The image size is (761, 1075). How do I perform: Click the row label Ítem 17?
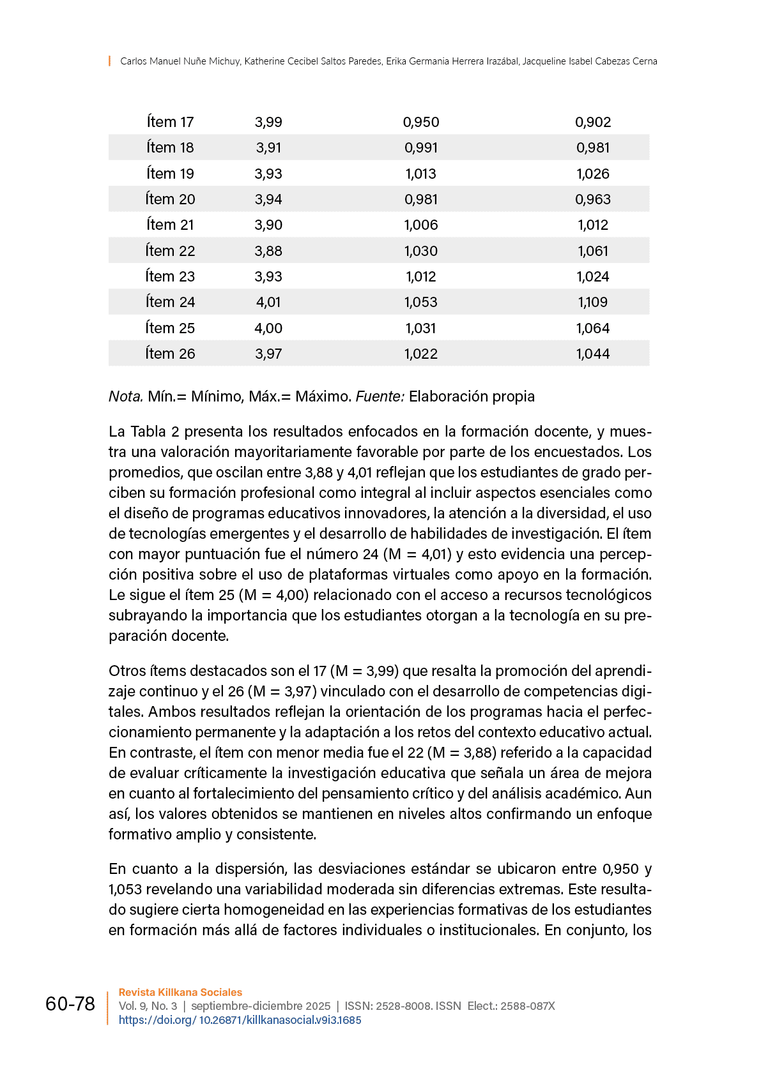170,122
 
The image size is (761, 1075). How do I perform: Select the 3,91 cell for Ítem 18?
268,147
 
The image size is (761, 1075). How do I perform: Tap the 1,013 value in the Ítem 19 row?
421,174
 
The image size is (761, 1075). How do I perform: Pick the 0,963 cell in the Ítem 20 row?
593,199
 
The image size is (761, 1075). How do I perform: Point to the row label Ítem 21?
170,225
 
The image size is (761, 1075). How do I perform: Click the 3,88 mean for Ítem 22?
268,251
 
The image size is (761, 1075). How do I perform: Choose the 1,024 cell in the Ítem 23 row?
593,276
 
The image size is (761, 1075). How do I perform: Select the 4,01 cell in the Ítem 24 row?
268,302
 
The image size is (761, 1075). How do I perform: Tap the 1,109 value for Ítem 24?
593,302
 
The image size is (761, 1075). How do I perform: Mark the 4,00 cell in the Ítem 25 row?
268,328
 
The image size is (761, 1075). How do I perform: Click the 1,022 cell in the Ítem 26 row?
421,354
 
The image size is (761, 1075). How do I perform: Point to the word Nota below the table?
125,396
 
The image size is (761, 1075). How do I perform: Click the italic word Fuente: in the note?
380,396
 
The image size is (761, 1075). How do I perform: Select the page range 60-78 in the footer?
70,1004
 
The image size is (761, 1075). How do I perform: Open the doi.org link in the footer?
240,1020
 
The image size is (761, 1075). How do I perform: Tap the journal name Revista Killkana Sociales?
180,992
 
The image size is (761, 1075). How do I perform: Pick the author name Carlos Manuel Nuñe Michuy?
180,61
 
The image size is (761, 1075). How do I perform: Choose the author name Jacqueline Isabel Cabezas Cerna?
590,61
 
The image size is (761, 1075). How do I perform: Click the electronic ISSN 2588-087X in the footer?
528,1006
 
